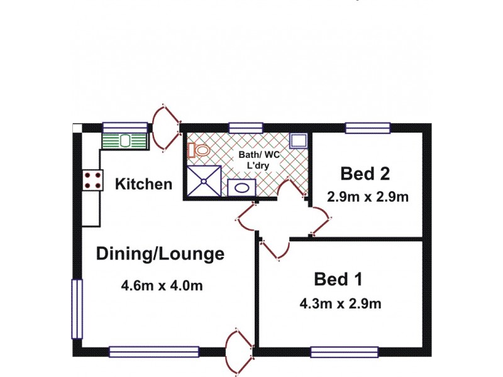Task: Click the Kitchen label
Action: (143, 184)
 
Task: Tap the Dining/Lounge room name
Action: (160, 254)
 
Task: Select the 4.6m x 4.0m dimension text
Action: (162, 286)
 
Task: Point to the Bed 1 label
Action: (338, 278)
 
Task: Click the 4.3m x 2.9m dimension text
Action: (340, 304)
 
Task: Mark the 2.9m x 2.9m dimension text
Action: (368, 197)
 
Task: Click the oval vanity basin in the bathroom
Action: (240, 187)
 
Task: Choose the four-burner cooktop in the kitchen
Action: (92, 181)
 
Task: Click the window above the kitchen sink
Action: (116, 127)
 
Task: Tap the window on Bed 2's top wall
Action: (367, 128)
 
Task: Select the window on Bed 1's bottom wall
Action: (344, 352)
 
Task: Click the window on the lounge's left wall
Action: (76, 309)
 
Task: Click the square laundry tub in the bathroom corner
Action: (297, 141)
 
